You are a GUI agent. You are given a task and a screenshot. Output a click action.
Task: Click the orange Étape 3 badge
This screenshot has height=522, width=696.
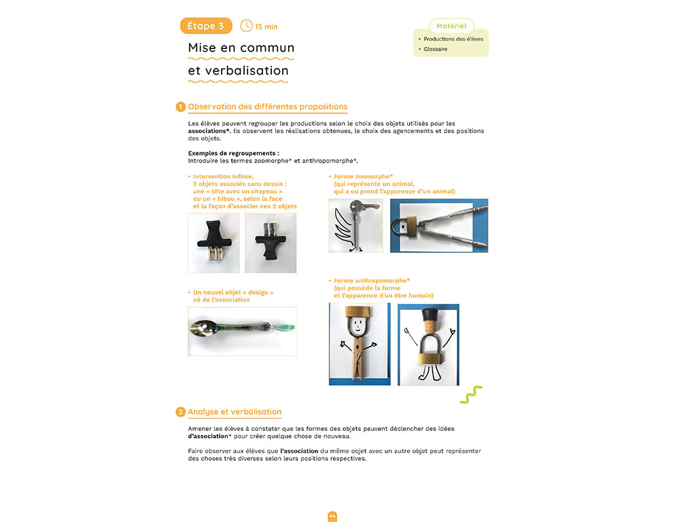tap(205, 26)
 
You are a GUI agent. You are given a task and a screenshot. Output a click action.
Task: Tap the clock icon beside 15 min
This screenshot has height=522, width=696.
tap(246, 26)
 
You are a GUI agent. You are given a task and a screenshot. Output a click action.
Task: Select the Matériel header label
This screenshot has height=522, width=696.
tap(451, 26)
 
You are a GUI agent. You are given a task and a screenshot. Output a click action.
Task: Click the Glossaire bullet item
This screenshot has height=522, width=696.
tap(435, 49)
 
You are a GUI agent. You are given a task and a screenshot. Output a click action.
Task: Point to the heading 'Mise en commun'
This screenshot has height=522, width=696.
tap(241, 48)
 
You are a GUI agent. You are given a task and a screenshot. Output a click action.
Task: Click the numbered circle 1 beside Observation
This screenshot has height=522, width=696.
tap(180, 107)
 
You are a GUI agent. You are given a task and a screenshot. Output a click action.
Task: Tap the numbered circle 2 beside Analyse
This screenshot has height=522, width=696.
tap(180, 412)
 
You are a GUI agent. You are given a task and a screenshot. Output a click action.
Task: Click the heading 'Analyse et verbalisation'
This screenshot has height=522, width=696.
tap(234, 412)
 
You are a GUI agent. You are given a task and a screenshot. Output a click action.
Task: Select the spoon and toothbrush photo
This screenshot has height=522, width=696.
tap(242, 331)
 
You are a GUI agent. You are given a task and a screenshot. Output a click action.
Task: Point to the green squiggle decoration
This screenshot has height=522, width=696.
tap(471, 395)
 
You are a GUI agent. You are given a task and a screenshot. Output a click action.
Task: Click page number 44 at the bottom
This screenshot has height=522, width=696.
tap(332, 516)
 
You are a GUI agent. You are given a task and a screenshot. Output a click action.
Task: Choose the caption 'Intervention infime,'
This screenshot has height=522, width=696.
tap(223, 176)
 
